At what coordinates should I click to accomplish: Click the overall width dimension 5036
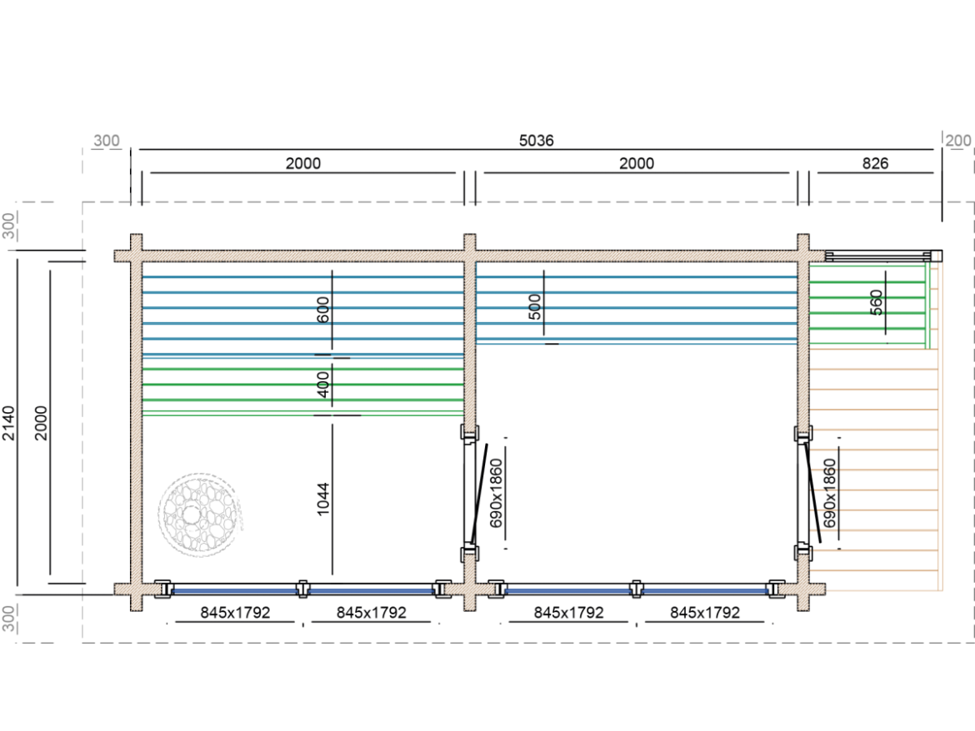[536, 141]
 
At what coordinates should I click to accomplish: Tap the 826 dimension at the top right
[875, 163]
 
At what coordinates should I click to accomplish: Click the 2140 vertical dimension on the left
[9, 423]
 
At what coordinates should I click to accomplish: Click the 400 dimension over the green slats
[324, 383]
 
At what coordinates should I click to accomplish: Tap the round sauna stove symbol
[199, 514]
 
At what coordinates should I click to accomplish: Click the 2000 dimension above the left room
[303, 163]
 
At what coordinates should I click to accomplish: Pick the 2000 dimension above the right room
[636, 163]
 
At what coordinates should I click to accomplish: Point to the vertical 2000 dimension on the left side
[42, 423]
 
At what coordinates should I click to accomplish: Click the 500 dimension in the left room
[324, 308]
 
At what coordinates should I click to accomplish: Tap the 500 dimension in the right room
[536, 306]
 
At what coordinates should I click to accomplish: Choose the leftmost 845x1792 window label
[235, 613]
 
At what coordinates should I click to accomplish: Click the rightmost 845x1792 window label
[705, 613]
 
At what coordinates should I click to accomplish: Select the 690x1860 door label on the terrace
[829, 492]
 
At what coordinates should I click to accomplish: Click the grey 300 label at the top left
[106, 141]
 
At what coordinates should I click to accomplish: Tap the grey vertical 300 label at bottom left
[9, 619]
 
